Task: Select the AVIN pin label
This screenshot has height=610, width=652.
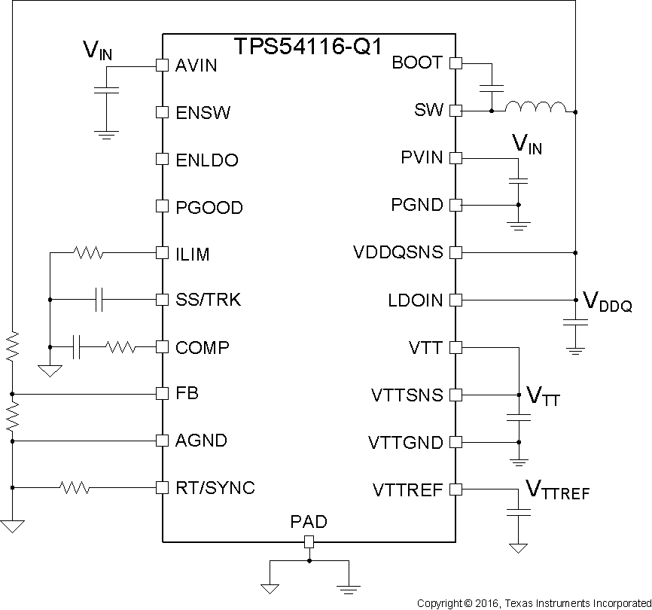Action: pos(196,66)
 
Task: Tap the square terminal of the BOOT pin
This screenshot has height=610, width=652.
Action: pos(455,63)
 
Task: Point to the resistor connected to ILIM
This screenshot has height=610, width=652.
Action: pos(88,253)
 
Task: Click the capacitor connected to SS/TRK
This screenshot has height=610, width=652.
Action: pos(99,300)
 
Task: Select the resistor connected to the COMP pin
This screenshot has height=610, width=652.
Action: pos(120,347)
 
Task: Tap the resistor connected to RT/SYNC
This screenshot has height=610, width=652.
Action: pos(75,488)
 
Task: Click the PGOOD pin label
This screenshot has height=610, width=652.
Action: pos(209,207)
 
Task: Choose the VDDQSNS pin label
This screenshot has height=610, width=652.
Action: pos(398,252)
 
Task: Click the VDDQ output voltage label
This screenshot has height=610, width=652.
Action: pos(607,303)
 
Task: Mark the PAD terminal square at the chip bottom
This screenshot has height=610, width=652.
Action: pos(309,541)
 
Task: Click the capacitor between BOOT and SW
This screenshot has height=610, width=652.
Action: pos(492,87)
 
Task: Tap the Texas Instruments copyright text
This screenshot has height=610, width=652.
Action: pos(533,603)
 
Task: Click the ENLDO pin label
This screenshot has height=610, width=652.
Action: pos(206,160)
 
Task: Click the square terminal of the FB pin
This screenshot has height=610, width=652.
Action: pos(161,394)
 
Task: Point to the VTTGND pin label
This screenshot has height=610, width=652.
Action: pos(406,442)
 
